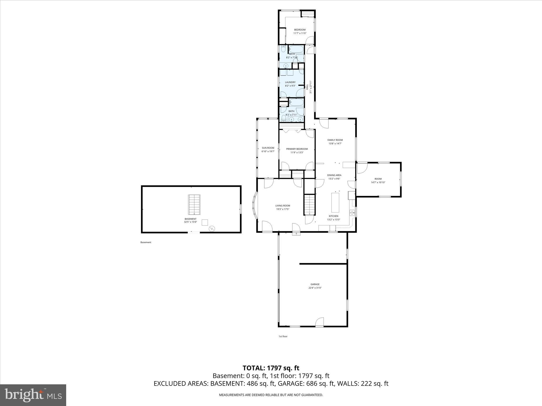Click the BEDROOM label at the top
coord(300,30)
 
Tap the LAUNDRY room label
coord(290,82)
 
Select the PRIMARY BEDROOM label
coord(297,149)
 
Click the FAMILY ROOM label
coord(335,140)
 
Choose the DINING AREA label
coord(334,175)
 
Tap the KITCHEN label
coord(333,216)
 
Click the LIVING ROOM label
coord(283,206)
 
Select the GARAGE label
coord(315,284)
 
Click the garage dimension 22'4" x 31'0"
coord(315,288)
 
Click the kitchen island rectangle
coord(335,202)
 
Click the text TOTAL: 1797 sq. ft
coord(271,368)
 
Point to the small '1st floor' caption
coord(283,336)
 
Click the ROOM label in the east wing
coord(378,179)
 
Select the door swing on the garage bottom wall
coord(319,322)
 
